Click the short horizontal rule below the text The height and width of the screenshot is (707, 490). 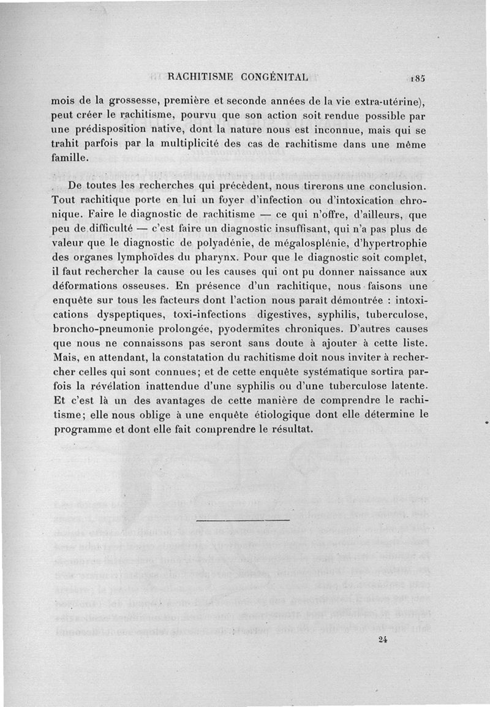[x=244, y=521]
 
